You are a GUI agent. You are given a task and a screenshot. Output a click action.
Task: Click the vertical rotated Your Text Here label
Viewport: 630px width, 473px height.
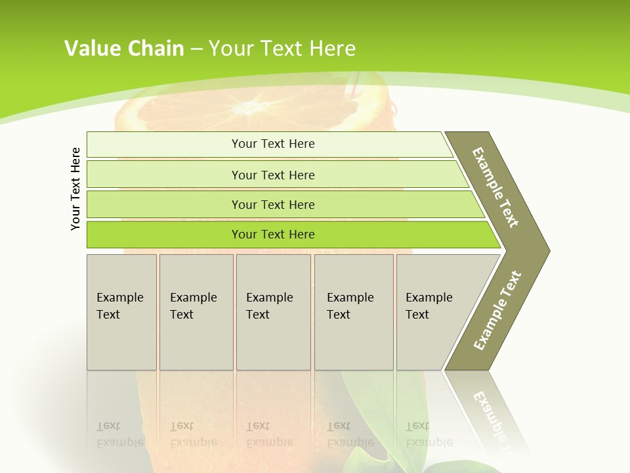pos(75,189)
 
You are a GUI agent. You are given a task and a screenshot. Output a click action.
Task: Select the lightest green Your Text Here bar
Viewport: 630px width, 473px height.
pos(273,144)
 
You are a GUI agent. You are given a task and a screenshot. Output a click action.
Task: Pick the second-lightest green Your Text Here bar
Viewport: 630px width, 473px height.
pos(273,175)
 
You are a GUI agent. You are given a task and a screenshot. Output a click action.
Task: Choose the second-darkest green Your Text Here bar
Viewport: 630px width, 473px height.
pos(273,204)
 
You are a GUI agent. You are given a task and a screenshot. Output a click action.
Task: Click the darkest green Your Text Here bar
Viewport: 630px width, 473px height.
pos(273,235)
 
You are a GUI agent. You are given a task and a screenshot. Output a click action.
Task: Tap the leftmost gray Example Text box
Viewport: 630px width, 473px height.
pos(121,312)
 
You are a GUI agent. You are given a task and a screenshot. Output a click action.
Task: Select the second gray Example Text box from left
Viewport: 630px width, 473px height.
pos(196,312)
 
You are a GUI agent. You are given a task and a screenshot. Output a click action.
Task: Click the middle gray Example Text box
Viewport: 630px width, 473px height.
pos(273,312)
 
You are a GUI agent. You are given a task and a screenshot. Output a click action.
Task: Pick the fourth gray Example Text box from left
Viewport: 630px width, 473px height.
pos(354,312)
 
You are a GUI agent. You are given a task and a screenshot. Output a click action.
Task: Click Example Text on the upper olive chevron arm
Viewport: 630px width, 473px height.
pos(495,187)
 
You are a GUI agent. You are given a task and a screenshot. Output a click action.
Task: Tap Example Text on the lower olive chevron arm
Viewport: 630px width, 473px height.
pos(497,311)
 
